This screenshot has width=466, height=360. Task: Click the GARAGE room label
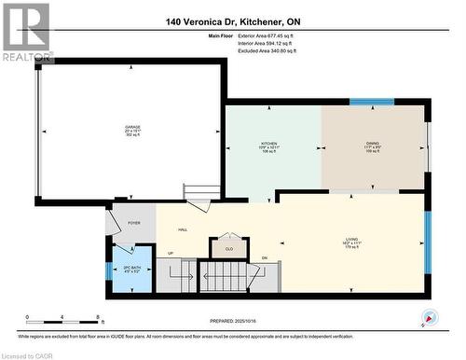coord(133,129)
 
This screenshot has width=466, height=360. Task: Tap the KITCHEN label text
coord(269,145)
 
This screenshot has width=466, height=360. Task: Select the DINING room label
coord(373,145)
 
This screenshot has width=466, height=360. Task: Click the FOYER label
coord(134,223)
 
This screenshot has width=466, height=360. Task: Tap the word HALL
coord(184,228)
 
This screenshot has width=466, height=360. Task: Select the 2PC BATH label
coord(130,270)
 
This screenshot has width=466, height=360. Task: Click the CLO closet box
coord(229,248)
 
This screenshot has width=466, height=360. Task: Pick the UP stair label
coord(170,253)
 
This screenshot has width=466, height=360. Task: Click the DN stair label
coord(264,257)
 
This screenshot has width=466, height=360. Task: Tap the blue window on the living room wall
coord(428,242)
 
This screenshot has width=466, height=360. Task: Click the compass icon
coord(429,318)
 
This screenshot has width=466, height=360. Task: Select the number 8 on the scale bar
coord(101,317)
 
